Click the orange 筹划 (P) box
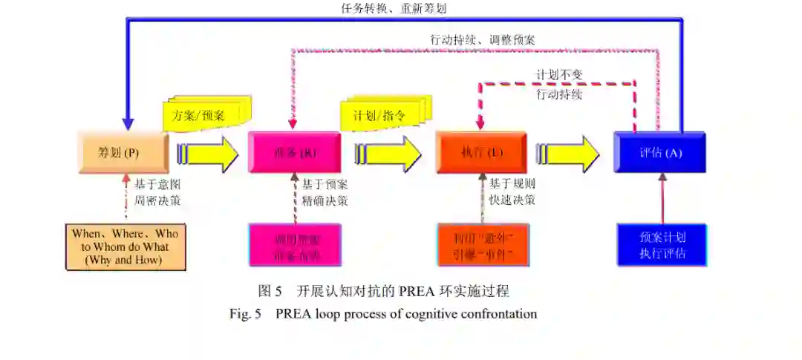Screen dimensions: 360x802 [x=119, y=152]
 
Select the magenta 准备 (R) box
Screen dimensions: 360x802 [x=295, y=153]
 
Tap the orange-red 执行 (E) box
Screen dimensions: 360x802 [x=481, y=153]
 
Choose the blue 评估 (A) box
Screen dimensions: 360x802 [x=660, y=153]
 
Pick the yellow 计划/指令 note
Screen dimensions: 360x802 [x=379, y=116]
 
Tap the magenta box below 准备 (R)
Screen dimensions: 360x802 [x=295, y=245]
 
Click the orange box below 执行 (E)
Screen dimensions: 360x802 [x=483, y=245]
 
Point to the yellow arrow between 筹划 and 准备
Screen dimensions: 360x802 [x=208, y=154]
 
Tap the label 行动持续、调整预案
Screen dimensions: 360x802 [x=483, y=39]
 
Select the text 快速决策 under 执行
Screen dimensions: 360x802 [x=512, y=200]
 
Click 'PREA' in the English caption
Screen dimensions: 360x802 [x=294, y=313]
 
